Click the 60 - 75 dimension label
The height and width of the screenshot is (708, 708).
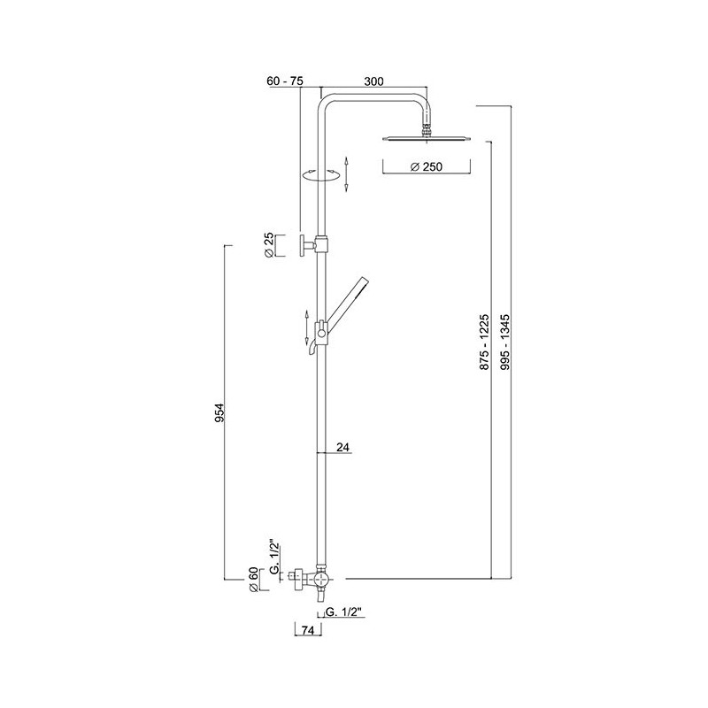click(285, 81)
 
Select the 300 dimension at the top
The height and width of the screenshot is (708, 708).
click(373, 81)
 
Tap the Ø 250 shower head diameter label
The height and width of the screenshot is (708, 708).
click(427, 166)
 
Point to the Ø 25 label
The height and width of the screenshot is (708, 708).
click(268, 246)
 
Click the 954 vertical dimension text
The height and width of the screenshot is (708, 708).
click(219, 412)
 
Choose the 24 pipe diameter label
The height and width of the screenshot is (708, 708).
click(343, 447)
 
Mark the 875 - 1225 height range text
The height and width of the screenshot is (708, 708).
click(484, 342)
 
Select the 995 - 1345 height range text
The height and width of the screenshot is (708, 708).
click(504, 342)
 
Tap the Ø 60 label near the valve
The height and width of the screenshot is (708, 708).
click(253, 580)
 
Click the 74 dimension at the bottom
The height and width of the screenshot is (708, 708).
click(307, 631)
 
